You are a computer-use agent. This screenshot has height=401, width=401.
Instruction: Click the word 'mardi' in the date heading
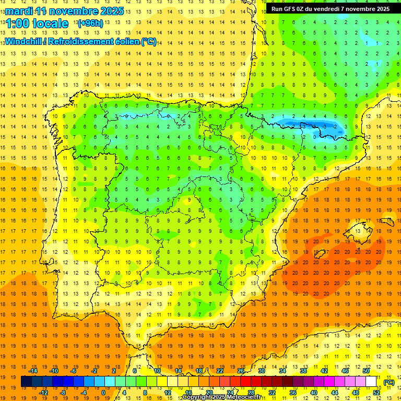pyautogui.click(x=18, y=10)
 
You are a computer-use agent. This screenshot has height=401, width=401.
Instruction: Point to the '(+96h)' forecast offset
pyautogui.click(x=90, y=23)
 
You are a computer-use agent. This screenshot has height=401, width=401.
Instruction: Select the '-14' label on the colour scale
pyautogui.click(x=33, y=371)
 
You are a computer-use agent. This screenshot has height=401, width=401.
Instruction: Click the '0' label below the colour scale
pyautogui.click(x=103, y=393)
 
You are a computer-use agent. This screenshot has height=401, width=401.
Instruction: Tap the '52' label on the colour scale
pyautogui.click(x=376, y=393)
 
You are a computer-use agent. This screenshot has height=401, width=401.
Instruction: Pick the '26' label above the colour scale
pyautogui.click(x=241, y=371)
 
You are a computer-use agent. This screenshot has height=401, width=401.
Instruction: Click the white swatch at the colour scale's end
pyautogui.click(x=371, y=382)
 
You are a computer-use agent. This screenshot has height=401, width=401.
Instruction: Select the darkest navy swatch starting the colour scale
pyautogui.click(x=26, y=382)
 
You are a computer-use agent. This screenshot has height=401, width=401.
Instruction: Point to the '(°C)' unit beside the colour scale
pyautogui.click(x=388, y=382)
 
